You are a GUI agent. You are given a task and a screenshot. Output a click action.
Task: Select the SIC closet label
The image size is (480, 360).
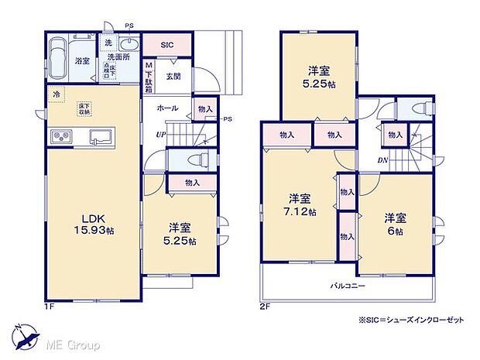[x=167, y=46]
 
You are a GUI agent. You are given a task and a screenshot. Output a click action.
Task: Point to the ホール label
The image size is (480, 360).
[x=167, y=108]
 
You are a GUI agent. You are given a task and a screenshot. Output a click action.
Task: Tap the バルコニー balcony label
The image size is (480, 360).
[x=348, y=286]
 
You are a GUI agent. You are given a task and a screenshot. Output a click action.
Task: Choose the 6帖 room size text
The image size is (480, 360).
[x=395, y=231]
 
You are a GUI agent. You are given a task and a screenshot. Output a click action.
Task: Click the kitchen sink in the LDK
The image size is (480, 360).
[x=103, y=138]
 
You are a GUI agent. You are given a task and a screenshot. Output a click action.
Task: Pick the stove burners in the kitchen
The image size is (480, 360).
[x=62, y=137]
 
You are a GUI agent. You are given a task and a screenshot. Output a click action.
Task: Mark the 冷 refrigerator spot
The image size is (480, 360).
[x=57, y=95]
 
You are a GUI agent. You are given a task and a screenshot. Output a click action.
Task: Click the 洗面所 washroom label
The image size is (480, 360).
[x=118, y=57]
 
